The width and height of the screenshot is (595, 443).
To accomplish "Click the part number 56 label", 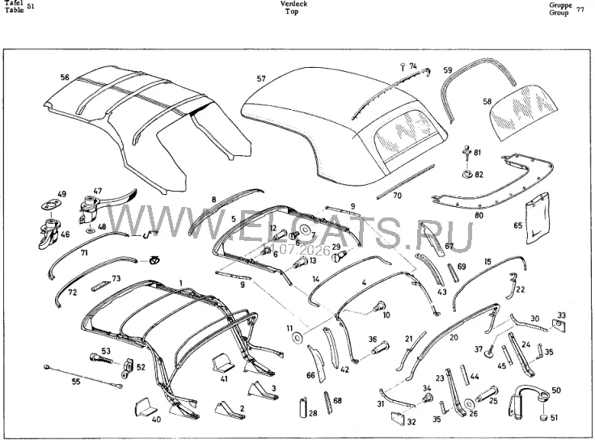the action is (65, 78).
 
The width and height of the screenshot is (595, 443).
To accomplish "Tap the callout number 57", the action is (261, 78).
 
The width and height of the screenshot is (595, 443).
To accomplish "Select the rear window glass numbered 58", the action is (525, 112).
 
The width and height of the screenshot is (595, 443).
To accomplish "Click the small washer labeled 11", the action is (297, 337).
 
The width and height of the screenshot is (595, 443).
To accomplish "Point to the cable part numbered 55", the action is (83, 376).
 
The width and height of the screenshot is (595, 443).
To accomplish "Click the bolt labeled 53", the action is (101, 358).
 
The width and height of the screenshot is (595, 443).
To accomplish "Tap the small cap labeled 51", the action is (544, 418).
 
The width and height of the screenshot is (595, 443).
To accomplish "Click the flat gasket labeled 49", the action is (51, 206).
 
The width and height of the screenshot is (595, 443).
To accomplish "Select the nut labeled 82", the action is (466, 175).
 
